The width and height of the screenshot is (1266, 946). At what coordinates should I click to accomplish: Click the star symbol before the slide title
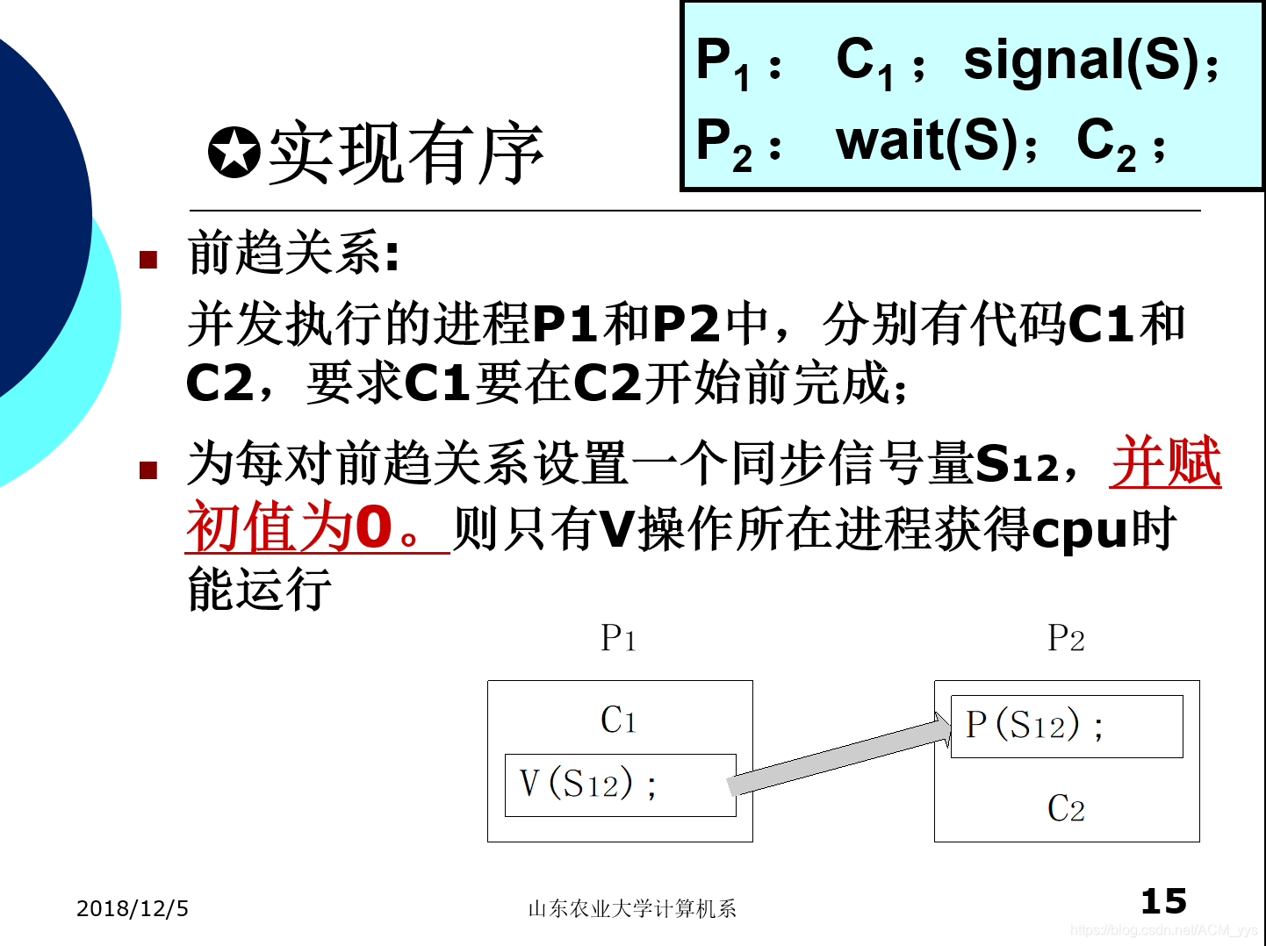234,153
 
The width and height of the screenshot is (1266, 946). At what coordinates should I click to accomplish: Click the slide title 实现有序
406,154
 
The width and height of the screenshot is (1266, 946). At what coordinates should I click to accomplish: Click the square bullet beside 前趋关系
148,260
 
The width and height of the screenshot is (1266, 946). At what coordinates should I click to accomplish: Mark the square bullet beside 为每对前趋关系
148,470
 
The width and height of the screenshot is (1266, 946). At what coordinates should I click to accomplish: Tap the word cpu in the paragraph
1079,530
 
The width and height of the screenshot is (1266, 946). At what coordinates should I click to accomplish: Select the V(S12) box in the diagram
620,785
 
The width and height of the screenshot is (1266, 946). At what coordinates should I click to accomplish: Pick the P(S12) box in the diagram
1066,726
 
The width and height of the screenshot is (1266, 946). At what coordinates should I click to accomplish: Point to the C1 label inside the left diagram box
619,720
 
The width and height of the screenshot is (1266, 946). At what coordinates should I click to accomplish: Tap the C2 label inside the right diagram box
1066,808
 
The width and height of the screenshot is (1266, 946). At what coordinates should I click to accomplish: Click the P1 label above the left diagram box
619,638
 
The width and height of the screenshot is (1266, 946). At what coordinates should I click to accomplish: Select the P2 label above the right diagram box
1066,638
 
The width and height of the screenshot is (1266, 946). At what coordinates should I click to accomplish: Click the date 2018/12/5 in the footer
133,908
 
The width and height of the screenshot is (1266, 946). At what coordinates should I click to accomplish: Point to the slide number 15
1163,901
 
